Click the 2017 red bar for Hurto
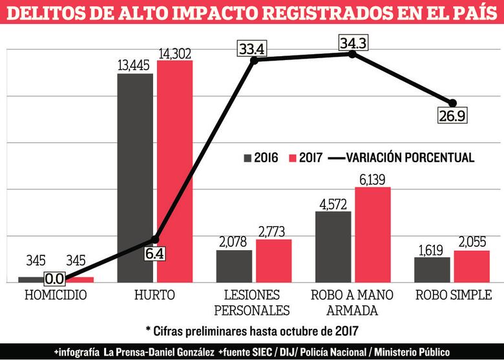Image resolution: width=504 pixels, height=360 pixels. tap(174, 171)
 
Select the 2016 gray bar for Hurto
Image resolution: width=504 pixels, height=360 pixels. tap(135, 178)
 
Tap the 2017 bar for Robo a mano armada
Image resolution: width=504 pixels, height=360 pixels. tap(373, 235)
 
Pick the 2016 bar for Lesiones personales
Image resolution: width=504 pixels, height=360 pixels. tap(234, 266)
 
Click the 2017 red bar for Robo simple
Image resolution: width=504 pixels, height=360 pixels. tap(472, 266)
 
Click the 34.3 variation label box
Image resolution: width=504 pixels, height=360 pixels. tap(353, 43)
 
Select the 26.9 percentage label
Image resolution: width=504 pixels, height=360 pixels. tap(452, 116)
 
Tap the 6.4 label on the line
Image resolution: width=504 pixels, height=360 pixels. tap(154, 254)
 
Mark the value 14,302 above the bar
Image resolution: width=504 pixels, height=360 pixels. tap(174, 51)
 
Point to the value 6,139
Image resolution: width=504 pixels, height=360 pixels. tap(373, 178)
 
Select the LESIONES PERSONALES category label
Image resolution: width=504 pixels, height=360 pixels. tap(253, 302)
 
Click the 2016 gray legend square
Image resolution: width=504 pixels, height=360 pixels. tap(248, 158)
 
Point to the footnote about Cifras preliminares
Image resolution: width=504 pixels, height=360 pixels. tap(252, 330)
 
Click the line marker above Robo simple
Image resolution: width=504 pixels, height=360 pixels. tap(452, 103)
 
